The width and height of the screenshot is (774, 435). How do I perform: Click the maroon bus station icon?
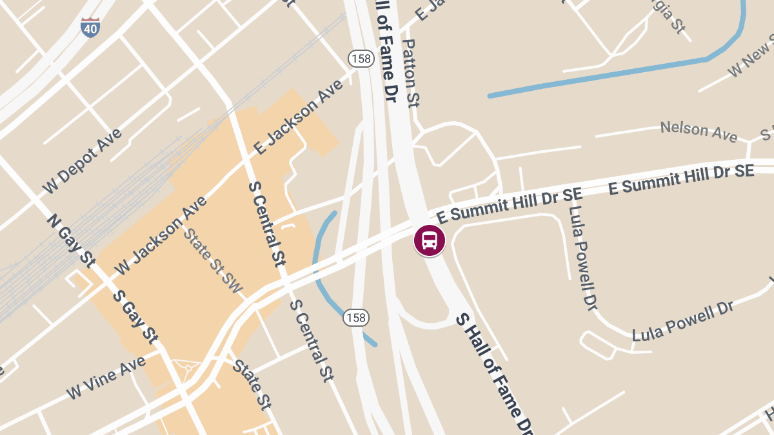pyautogui.click(x=429, y=240)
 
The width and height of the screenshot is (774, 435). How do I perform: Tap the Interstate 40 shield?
pyautogui.click(x=90, y=27)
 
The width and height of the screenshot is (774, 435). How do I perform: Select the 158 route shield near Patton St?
pyautogui.click(x=361, y=59)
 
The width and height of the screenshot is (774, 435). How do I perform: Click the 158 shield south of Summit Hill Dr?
pyautogui.click(x=356, y=317)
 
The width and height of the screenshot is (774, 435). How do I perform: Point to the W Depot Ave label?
pyautogui.click(x=82, y=162)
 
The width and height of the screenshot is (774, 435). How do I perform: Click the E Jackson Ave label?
pyautogui.click(x=298, y=117)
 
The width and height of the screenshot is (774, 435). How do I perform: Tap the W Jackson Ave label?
pyautogui.click(x=161, y=235)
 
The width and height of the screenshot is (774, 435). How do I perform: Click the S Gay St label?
pyautogui.click(x=135, y=316)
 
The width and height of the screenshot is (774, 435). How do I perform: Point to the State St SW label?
pyautogui.click(x=213, y=260)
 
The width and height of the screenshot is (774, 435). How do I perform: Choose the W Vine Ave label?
pyautogui.click(x=106, y=377)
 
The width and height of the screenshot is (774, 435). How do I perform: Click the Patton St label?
pyautogui.click(x=411, y=72)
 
